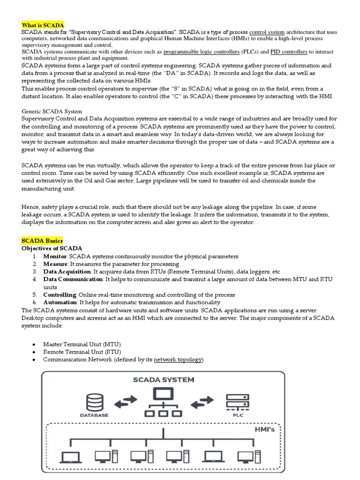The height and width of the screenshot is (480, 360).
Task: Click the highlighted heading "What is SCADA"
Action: tap(43, 25)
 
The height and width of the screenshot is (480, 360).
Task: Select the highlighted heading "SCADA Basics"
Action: tap(42, 240)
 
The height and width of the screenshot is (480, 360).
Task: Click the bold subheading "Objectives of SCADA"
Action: tap(52, 248)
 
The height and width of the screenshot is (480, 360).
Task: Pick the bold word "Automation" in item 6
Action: tap(60, 302)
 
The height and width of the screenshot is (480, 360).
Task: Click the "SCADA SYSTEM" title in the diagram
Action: tap(163, 379)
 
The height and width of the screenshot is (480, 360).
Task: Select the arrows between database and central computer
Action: tap(126, 401)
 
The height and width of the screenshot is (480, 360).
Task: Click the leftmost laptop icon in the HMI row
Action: tap(71, 457)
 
